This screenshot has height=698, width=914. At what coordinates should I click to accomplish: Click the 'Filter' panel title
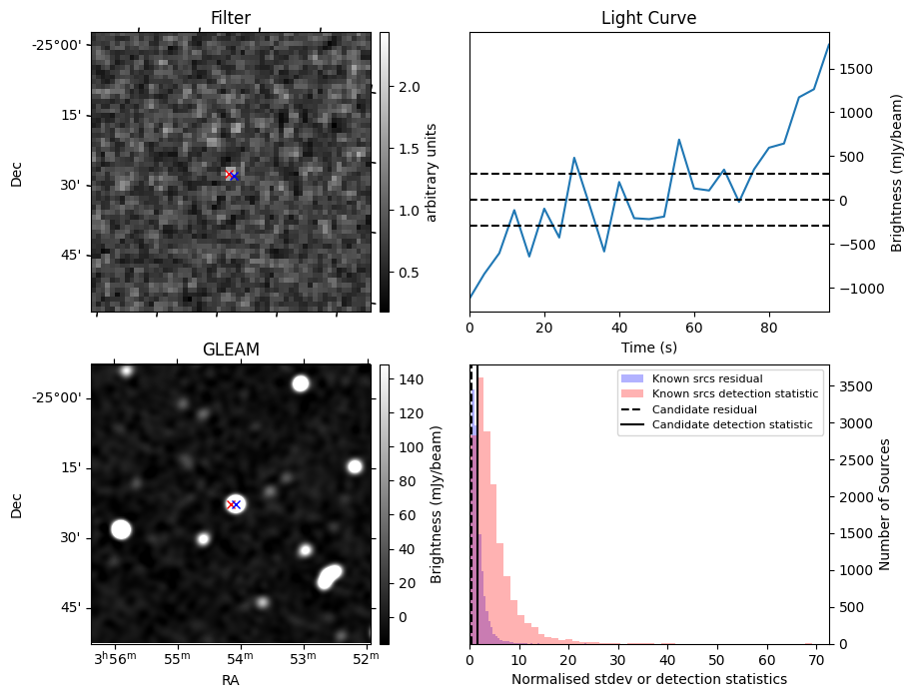[x=230, y=18]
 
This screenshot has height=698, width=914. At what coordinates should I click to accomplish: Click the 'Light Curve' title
[x=648, y=18]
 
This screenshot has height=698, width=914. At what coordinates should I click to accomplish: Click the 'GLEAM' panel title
[x=230, y=349]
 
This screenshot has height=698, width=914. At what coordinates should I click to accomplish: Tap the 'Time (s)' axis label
[x=648, y=346]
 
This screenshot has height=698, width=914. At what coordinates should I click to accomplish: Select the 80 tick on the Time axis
[x=768, y=326]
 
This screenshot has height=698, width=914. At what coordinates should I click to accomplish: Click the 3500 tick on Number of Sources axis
[x=853, y=385]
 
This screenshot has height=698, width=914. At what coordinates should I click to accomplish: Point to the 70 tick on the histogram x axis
[x=815, y=660]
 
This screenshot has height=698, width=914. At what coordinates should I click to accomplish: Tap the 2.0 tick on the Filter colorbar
[x=408, y=87]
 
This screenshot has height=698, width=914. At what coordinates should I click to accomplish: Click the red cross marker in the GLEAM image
[x=232, y=504]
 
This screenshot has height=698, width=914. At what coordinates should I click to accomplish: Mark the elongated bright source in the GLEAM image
[x=329, y=576]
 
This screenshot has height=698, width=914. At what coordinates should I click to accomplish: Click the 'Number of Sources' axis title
[x=884, y=504]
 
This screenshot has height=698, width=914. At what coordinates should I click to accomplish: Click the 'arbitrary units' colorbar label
[x=432, y=172]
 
